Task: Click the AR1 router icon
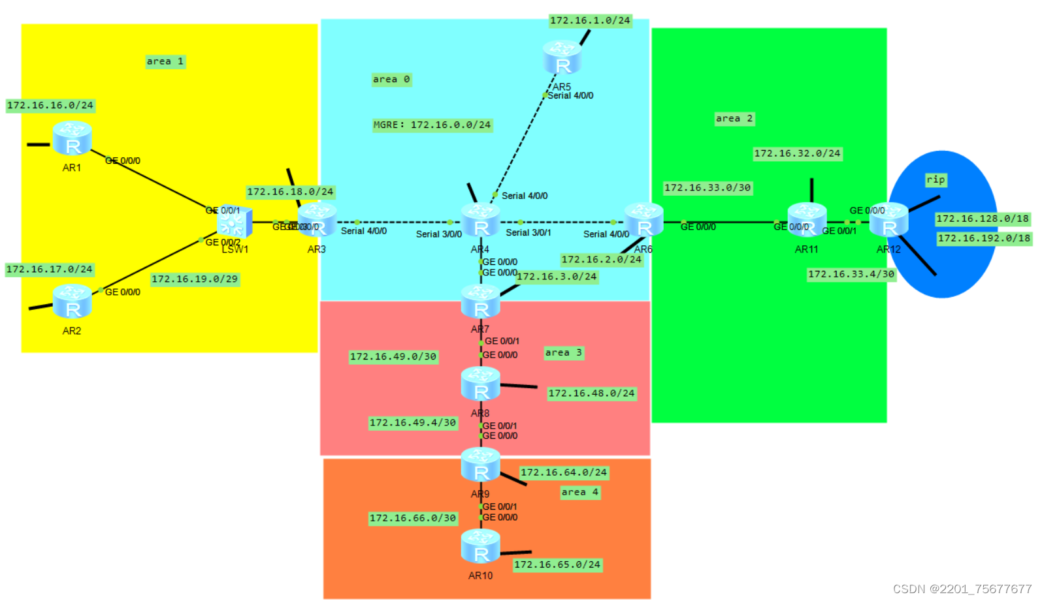click(x=72, y=138)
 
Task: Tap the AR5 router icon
click(x=562, y=57)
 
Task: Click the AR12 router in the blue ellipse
click(x=889, y=220)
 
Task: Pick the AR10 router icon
click(x=481, y=547)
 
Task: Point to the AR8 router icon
click(x=481, y=384)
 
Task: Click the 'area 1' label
click(x=165, y=61)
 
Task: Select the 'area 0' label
click(x=391, y=80)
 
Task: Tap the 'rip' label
click(x=936, y=179)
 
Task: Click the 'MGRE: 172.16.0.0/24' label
click(x=432, y=125)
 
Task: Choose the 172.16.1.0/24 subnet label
click(x=590, y=21)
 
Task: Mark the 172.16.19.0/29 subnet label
click(x=195, y=279)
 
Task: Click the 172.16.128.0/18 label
click(x=982, y=219)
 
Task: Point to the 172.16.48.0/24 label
click(x=591, y=393)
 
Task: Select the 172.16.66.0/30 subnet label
click(x=413, y=518)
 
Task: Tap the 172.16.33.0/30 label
click(x=708, y=188)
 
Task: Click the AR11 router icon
click(x=807, y=220)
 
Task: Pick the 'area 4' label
click(x=579, y=493)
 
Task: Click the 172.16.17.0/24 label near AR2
click(x=50, y=270)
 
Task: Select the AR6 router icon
click(x=644, y=220)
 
